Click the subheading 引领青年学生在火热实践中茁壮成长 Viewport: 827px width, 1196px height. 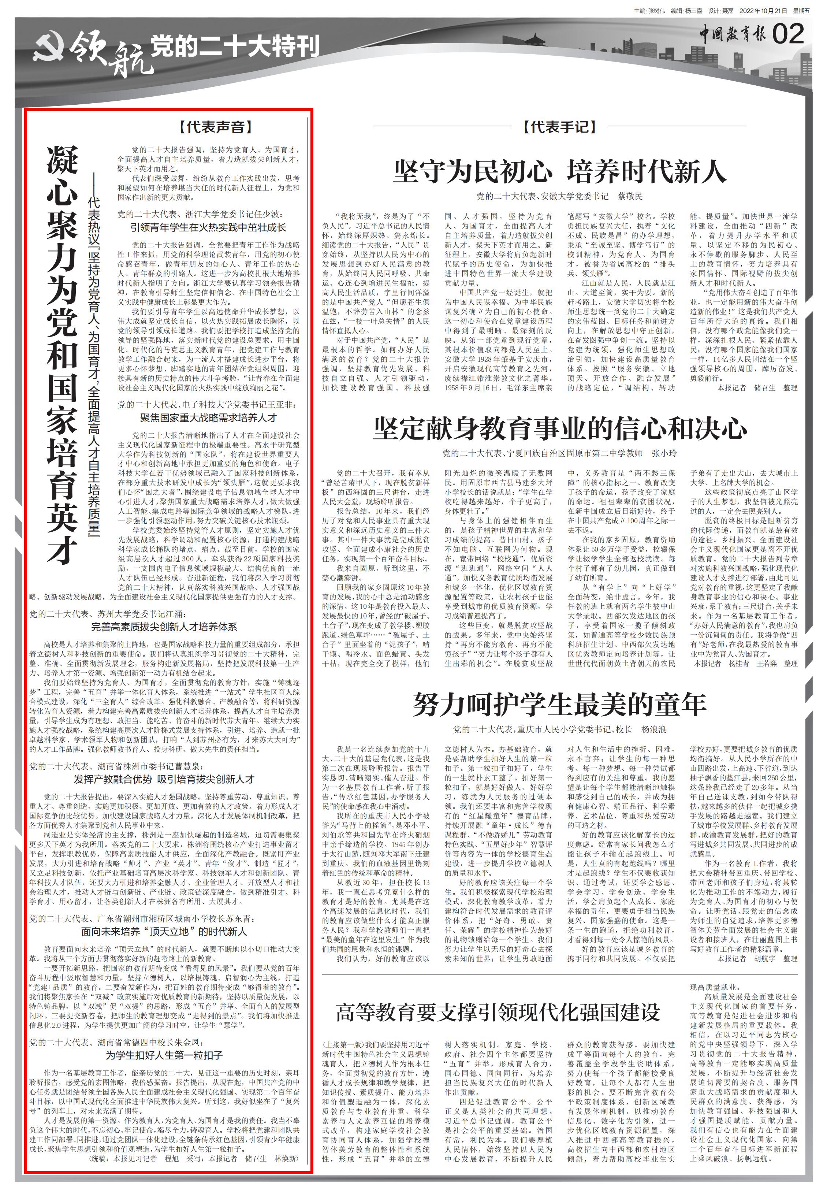208,227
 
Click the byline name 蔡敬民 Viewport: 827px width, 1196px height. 630,197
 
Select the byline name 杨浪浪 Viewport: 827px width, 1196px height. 653,729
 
